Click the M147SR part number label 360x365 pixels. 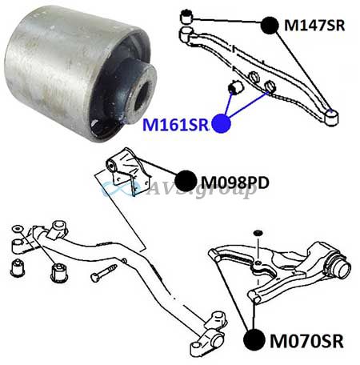[314, 26]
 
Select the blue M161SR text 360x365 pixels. [175, 124]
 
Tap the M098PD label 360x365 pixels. [235, 182]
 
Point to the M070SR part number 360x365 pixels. [306, 341]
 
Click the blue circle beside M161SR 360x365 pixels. [221, 123]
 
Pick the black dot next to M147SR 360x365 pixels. [270, 26]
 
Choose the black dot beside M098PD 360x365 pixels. [186, 181]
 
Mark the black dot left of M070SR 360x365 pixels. [254, 339]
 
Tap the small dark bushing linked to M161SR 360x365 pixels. [235, 89]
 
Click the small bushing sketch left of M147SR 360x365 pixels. [186, 17]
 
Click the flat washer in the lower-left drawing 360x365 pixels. [18, 229]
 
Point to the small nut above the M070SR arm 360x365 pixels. [258, 233]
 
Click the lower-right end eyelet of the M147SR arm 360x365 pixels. [331, 117]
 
